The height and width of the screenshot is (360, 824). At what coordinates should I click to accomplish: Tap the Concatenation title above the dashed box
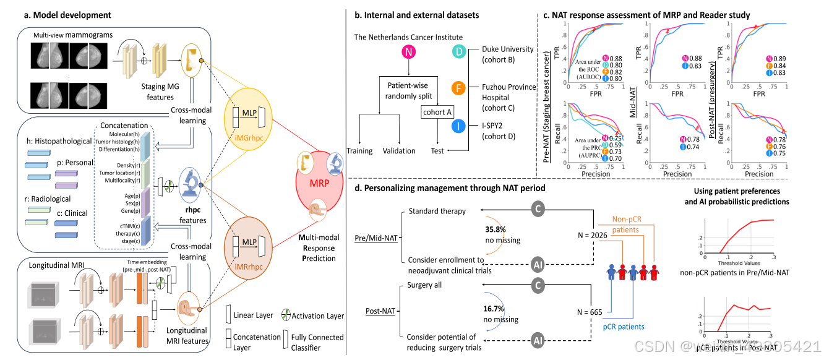pos(124,126)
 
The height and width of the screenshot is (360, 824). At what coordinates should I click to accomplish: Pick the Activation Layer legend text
pos(318,315)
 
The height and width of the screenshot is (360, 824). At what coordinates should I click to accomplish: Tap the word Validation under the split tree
pos(399,150)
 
